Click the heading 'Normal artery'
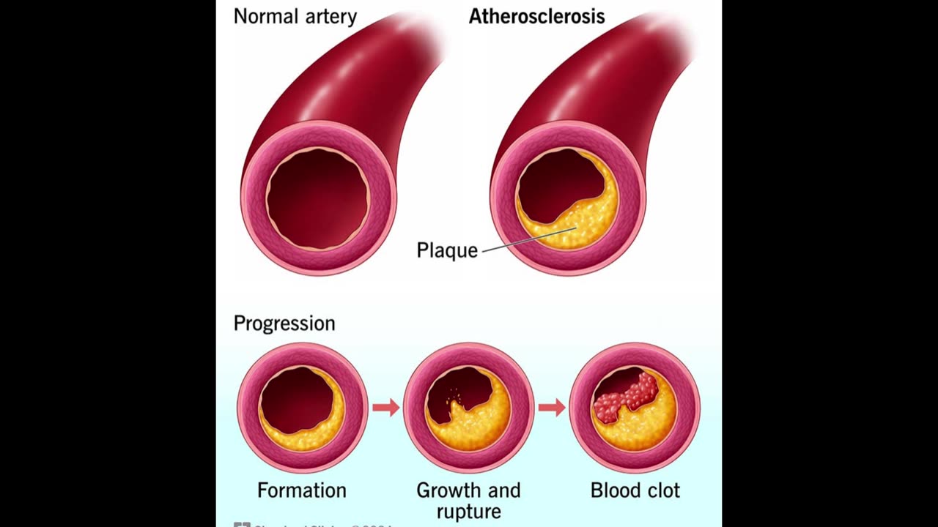click(295, 16)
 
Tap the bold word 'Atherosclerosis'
click(536, 16)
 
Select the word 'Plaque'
click(447, 250)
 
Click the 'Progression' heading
click(284, 323)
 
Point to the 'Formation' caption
click(302, 490)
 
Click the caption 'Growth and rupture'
click(468, 500)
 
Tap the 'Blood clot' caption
click(635, 490)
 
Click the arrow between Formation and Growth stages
click(385, 408)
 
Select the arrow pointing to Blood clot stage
click(552, 408)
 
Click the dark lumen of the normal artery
click(318, 198)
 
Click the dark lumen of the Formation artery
click(293, 399)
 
